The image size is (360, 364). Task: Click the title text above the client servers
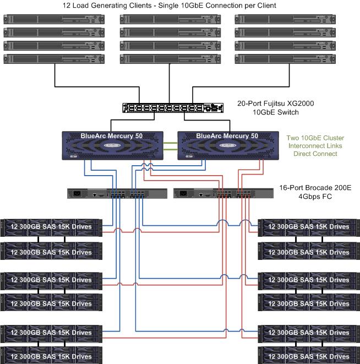click(x=178, y=6)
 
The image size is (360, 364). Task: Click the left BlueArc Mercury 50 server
click(x=112, y=146)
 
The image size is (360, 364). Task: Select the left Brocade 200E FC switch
click(x=117, y=193)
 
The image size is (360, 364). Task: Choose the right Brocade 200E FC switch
click(x=223, y=193)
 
